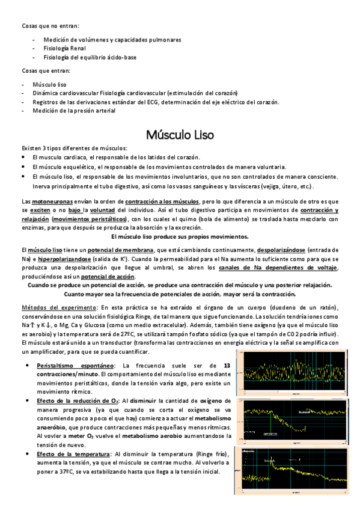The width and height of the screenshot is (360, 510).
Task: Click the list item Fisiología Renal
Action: (64, 48)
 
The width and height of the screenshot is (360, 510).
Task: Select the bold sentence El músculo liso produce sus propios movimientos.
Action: (180, 236)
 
